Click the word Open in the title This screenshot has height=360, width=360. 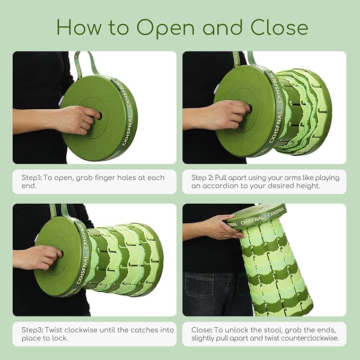(165, 28)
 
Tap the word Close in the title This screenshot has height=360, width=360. (279, 27)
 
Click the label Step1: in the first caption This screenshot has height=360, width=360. (31, 178)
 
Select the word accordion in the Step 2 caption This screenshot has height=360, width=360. (219, 186)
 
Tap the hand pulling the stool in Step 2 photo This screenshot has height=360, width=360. (230, 116)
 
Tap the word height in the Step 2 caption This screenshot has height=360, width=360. (308, 186)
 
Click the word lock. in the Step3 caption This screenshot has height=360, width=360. (59, 338)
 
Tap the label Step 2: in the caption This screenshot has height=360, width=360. (202, 178)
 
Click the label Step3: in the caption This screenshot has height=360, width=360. (32, 330)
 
